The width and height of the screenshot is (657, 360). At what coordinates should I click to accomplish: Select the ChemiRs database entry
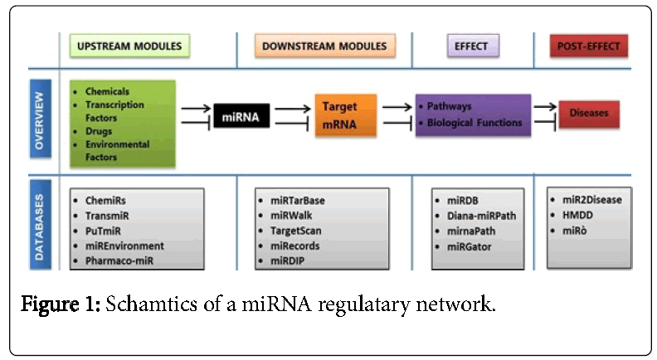tap(109, 201)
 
